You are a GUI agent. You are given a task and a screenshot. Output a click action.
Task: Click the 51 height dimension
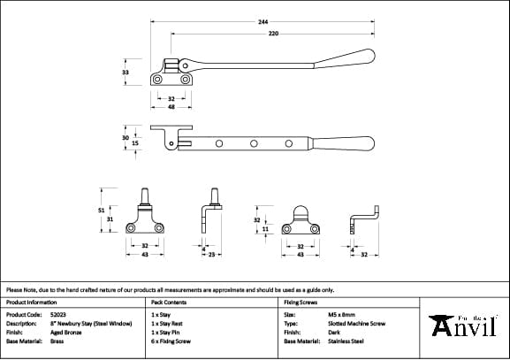tap(102, 210)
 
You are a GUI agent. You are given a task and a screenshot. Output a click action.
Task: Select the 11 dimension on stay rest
tap(265, 228)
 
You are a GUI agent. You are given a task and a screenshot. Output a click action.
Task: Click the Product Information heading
tap(31, 302)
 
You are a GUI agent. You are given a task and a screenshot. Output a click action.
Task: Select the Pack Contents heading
tap(170, 302)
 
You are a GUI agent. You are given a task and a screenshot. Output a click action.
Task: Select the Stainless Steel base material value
tap(346, 341)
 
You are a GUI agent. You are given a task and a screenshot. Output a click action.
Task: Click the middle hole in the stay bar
tap(253, 142)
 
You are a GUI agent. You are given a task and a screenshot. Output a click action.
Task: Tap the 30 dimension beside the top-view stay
tap(126, 137)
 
